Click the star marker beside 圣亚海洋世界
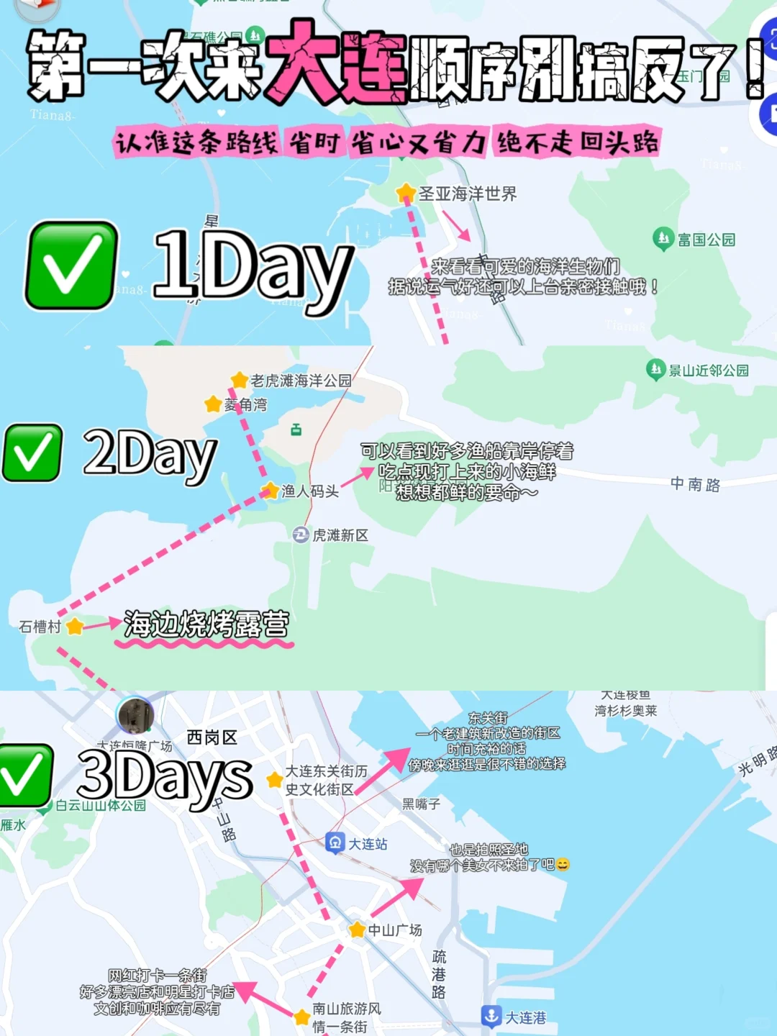(406, 192)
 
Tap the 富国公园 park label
(706, 240)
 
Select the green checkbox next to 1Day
(71, 265)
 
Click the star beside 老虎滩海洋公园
(239, 380)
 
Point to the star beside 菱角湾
(213, 404)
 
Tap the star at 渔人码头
(270, 491)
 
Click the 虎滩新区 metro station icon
(301, 535)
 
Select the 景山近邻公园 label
(708, 371)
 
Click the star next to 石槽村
(74, 626)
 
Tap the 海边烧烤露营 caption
(206, 624)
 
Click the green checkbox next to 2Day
(32, 453)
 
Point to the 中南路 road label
(695, 484)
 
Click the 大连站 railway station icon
(335, 842)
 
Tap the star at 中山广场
(357, 930)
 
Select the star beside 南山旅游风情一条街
(302, 1017)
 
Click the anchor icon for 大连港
(491, 1016)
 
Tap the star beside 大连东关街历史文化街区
(274, 780)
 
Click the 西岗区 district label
(212, 737)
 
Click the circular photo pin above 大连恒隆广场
(135, 715)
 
